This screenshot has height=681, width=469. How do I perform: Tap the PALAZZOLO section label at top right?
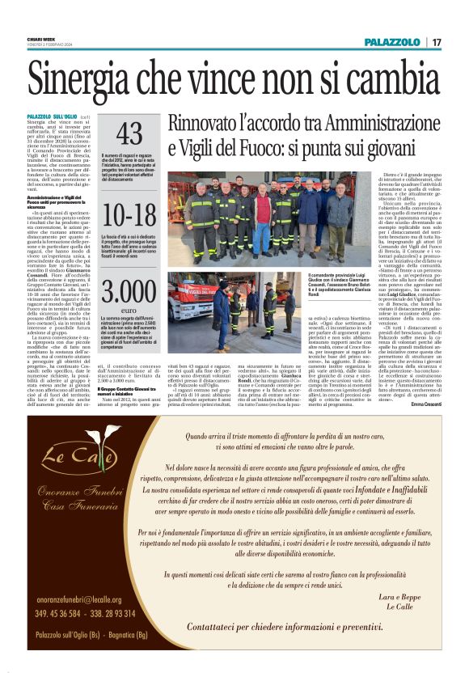[391, 41]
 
